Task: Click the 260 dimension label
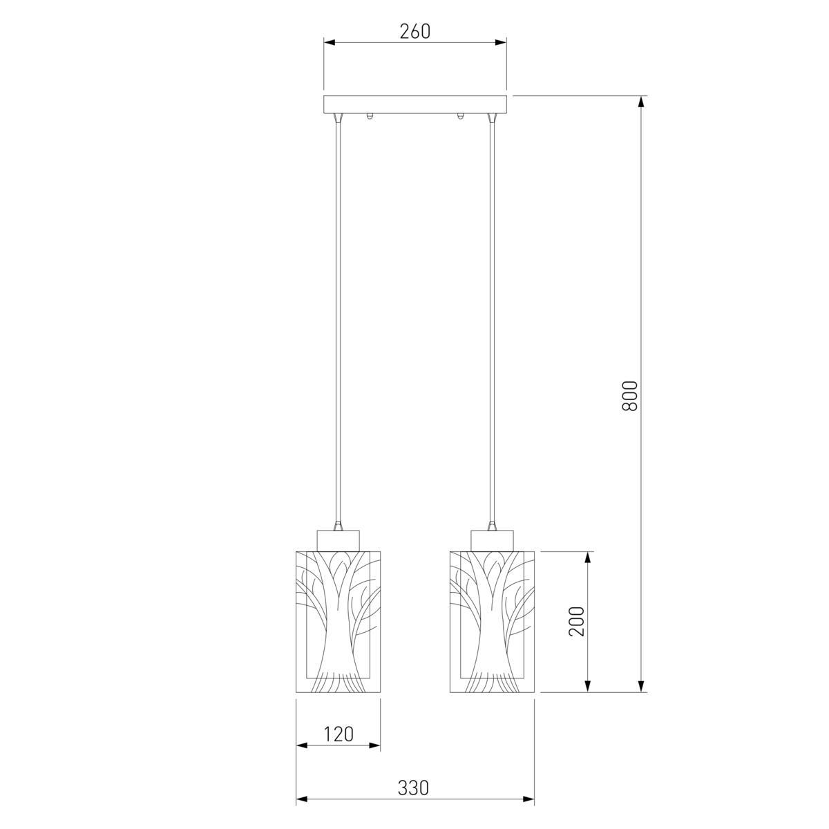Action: click(414, 31)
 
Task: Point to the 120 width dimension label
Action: click(339, 734)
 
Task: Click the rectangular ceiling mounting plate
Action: click(415, 104)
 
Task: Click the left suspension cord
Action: click(339, 323)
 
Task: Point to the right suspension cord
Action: click(492, 323)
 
